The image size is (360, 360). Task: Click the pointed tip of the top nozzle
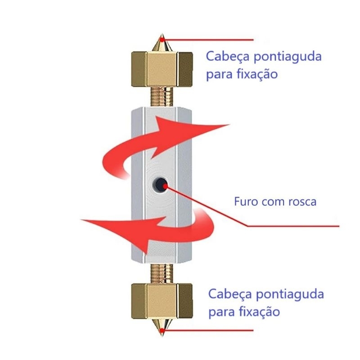162,39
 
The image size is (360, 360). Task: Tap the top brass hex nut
162,69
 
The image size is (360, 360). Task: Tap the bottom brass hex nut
162,301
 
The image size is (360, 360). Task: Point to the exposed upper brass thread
162,97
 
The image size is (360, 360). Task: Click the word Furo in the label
245,201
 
